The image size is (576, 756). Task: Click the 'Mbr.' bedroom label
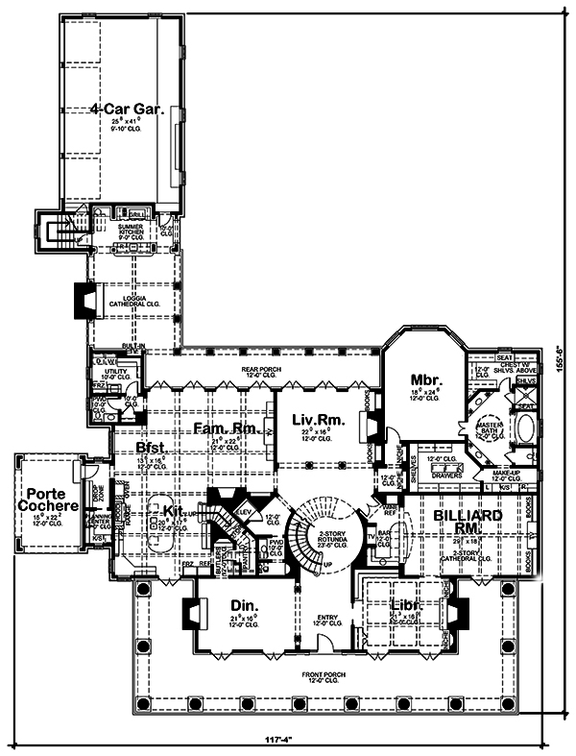[x=426, y=379]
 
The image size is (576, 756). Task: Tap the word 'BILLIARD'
[x=463, y=516]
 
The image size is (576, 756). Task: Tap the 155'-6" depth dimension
[x=562, y=365]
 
